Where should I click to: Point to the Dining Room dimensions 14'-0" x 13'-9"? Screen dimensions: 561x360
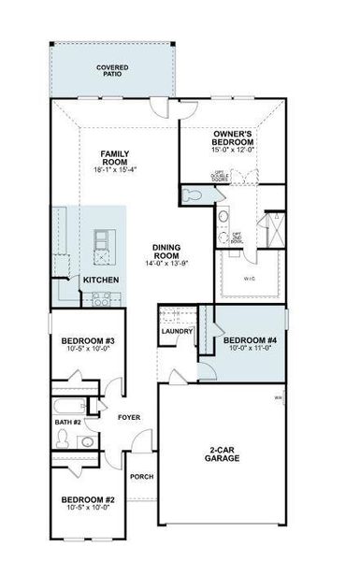point(166,265)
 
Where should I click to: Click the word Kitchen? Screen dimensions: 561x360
point(100,280)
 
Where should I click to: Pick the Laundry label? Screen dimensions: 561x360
point(177,331)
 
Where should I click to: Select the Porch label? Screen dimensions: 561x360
point(142,476)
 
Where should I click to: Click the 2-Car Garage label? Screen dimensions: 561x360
point(223,453)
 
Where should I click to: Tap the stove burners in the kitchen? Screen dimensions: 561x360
point(102,300)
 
